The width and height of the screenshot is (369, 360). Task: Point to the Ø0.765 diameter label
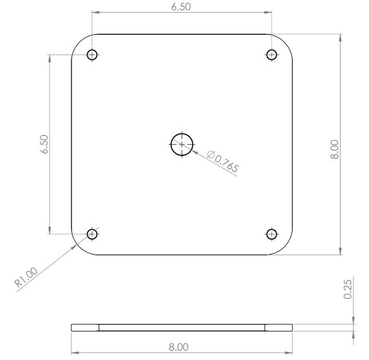point(222,161)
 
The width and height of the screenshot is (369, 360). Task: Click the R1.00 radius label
point(26,277)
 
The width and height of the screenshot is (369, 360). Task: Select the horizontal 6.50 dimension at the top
point(181,7)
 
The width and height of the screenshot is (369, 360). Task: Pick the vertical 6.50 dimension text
point(44,144)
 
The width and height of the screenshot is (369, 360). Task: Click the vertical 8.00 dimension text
point(334,150)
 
